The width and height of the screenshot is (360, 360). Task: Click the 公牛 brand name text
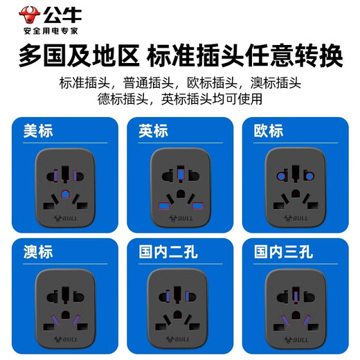(x=56, y=12)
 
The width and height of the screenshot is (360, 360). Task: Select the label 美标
(x=38, y=130)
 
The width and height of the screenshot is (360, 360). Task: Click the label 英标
(x=153, y=130)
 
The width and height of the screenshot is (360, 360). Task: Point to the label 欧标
(x=268, y=130)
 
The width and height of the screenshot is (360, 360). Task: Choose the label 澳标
(x=38, y=251)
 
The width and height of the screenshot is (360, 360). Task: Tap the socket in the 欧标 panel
(x=295, y=188)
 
